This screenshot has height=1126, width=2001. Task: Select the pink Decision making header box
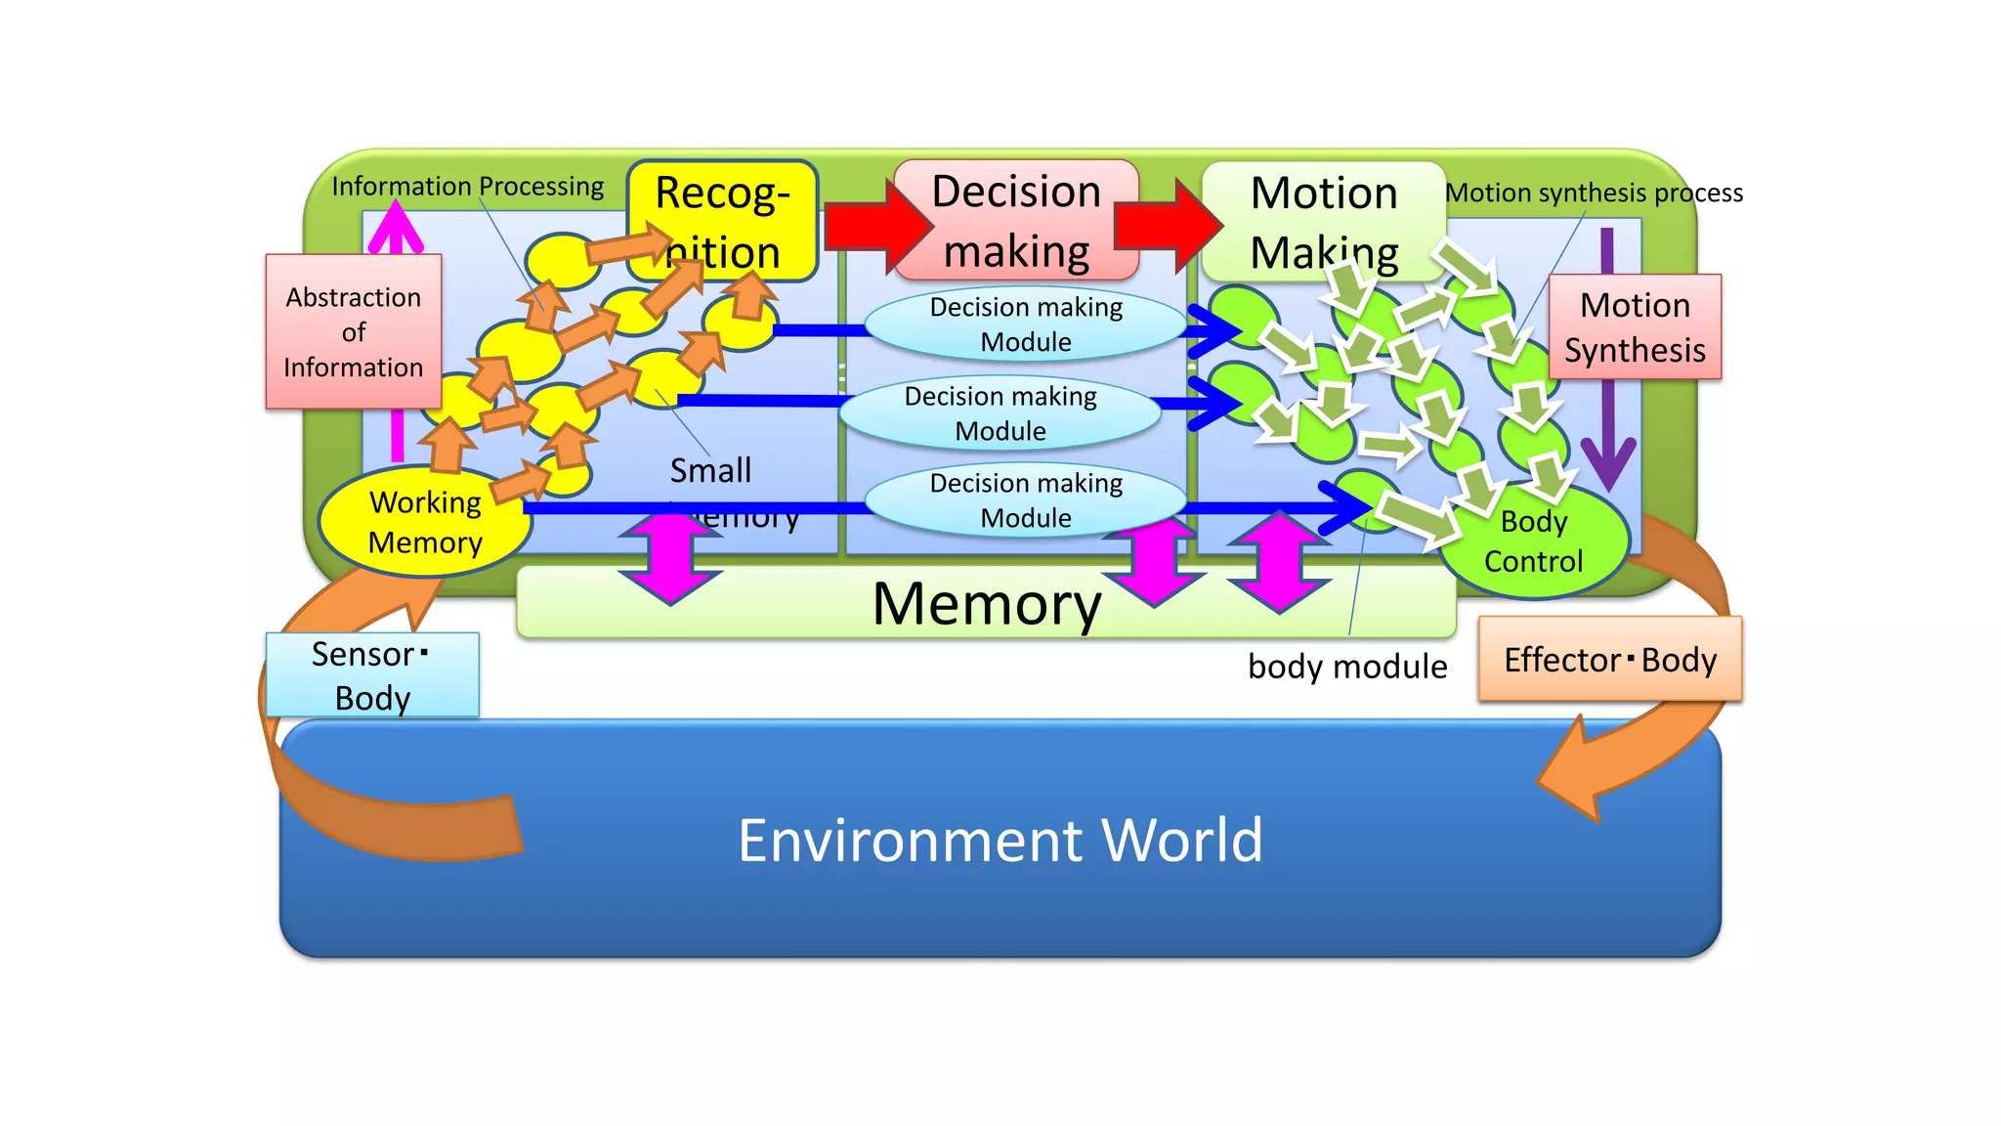(1016, 221)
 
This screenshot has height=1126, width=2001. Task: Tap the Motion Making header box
(1323, 221)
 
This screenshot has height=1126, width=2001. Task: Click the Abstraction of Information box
(353, 331)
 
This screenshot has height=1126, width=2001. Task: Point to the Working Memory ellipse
(425, 522)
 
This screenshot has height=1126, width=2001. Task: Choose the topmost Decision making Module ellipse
(1026, 325)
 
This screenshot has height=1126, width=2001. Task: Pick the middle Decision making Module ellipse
(1000, 413)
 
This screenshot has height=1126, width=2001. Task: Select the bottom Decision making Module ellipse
(1026, 500)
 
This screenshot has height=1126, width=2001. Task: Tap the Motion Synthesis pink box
(1635, 327)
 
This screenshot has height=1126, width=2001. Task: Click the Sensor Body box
(371, 674)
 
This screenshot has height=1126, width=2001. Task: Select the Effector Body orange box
(1609, 660)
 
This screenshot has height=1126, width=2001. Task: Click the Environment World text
(1000, 840)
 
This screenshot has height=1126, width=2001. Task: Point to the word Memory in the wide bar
(987, 603)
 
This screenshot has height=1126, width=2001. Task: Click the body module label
(1346, 667)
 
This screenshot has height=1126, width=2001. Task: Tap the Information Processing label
(467, 186)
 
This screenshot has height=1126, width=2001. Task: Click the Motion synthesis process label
(1594, 193)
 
